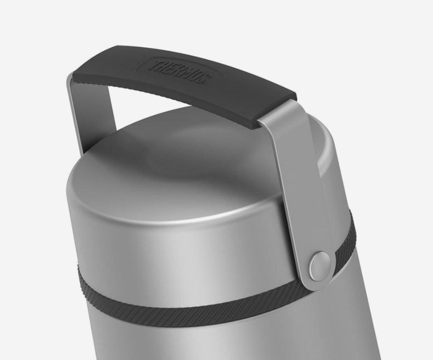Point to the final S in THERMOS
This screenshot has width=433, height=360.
pyautogui.click(x=205, y=79)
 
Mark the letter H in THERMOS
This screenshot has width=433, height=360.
pyautogui.click(x=162, y=66)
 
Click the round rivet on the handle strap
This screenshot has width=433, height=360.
pyautogui.click(x=320, y=262)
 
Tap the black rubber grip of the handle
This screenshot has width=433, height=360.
pyautogui.click(x=183, y=83)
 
